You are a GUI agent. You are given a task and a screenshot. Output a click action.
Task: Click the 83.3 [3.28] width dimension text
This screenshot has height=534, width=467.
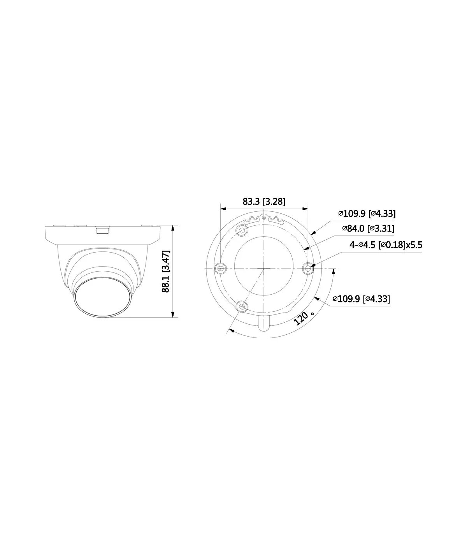264,202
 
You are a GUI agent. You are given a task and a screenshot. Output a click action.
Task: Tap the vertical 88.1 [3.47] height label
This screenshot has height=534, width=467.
166,271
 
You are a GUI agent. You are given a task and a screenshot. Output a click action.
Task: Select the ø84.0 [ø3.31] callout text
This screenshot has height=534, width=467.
368,228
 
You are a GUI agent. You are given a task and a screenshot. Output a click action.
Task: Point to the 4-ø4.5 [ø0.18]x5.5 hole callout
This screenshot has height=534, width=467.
386,245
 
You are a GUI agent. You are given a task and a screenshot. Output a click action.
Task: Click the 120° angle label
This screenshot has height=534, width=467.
304,318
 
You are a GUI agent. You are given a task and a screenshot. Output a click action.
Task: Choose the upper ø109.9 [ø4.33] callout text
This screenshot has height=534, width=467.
367,214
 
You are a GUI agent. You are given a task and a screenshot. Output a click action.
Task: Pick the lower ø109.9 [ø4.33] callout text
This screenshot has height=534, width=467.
361,299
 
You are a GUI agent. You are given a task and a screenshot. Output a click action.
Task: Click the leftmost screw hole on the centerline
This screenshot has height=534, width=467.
220,268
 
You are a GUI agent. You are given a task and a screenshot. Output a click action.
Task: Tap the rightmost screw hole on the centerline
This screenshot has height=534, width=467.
308,268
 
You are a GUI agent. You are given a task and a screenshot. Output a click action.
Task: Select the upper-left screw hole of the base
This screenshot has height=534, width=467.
242,230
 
